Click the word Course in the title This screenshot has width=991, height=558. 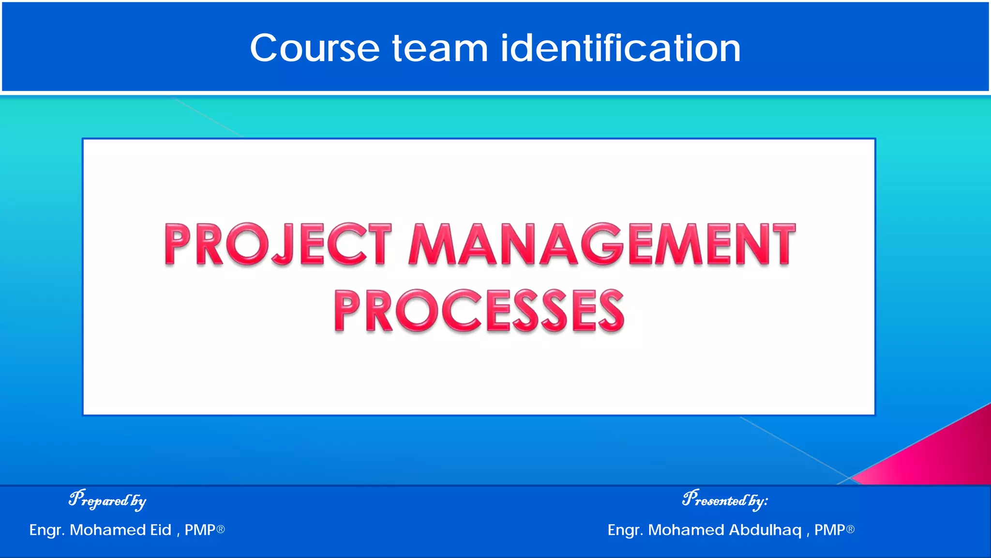tap(315, 48)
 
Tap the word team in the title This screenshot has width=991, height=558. tap(439, 48)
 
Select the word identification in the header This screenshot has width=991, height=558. tap(620, 48)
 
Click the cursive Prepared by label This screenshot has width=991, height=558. tap(107, 500)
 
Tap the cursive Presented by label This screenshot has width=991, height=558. tap(724, 500)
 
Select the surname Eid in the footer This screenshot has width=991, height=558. tap(161, 530)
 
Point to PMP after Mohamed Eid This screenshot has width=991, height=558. tap(200, 530)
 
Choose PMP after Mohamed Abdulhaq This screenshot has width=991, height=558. tap(829, 530)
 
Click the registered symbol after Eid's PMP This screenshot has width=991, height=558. tap(221, 529)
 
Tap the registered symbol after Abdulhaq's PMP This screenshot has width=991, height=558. tap(850, 529)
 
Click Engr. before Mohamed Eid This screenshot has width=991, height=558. tap(47, 530)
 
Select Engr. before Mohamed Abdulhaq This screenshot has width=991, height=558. tap(625, 530)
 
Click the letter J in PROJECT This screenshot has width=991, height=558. tap(285, 245)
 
